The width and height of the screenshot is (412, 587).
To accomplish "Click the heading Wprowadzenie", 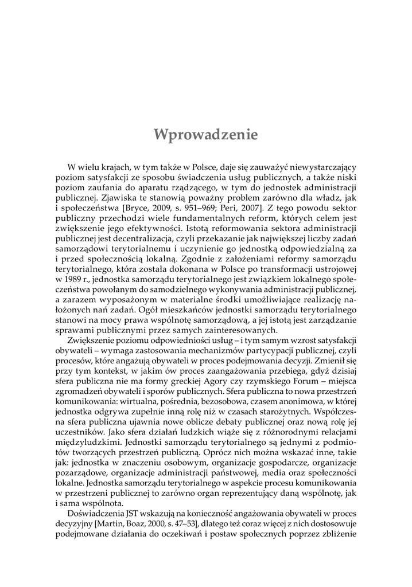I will click(206, 134).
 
